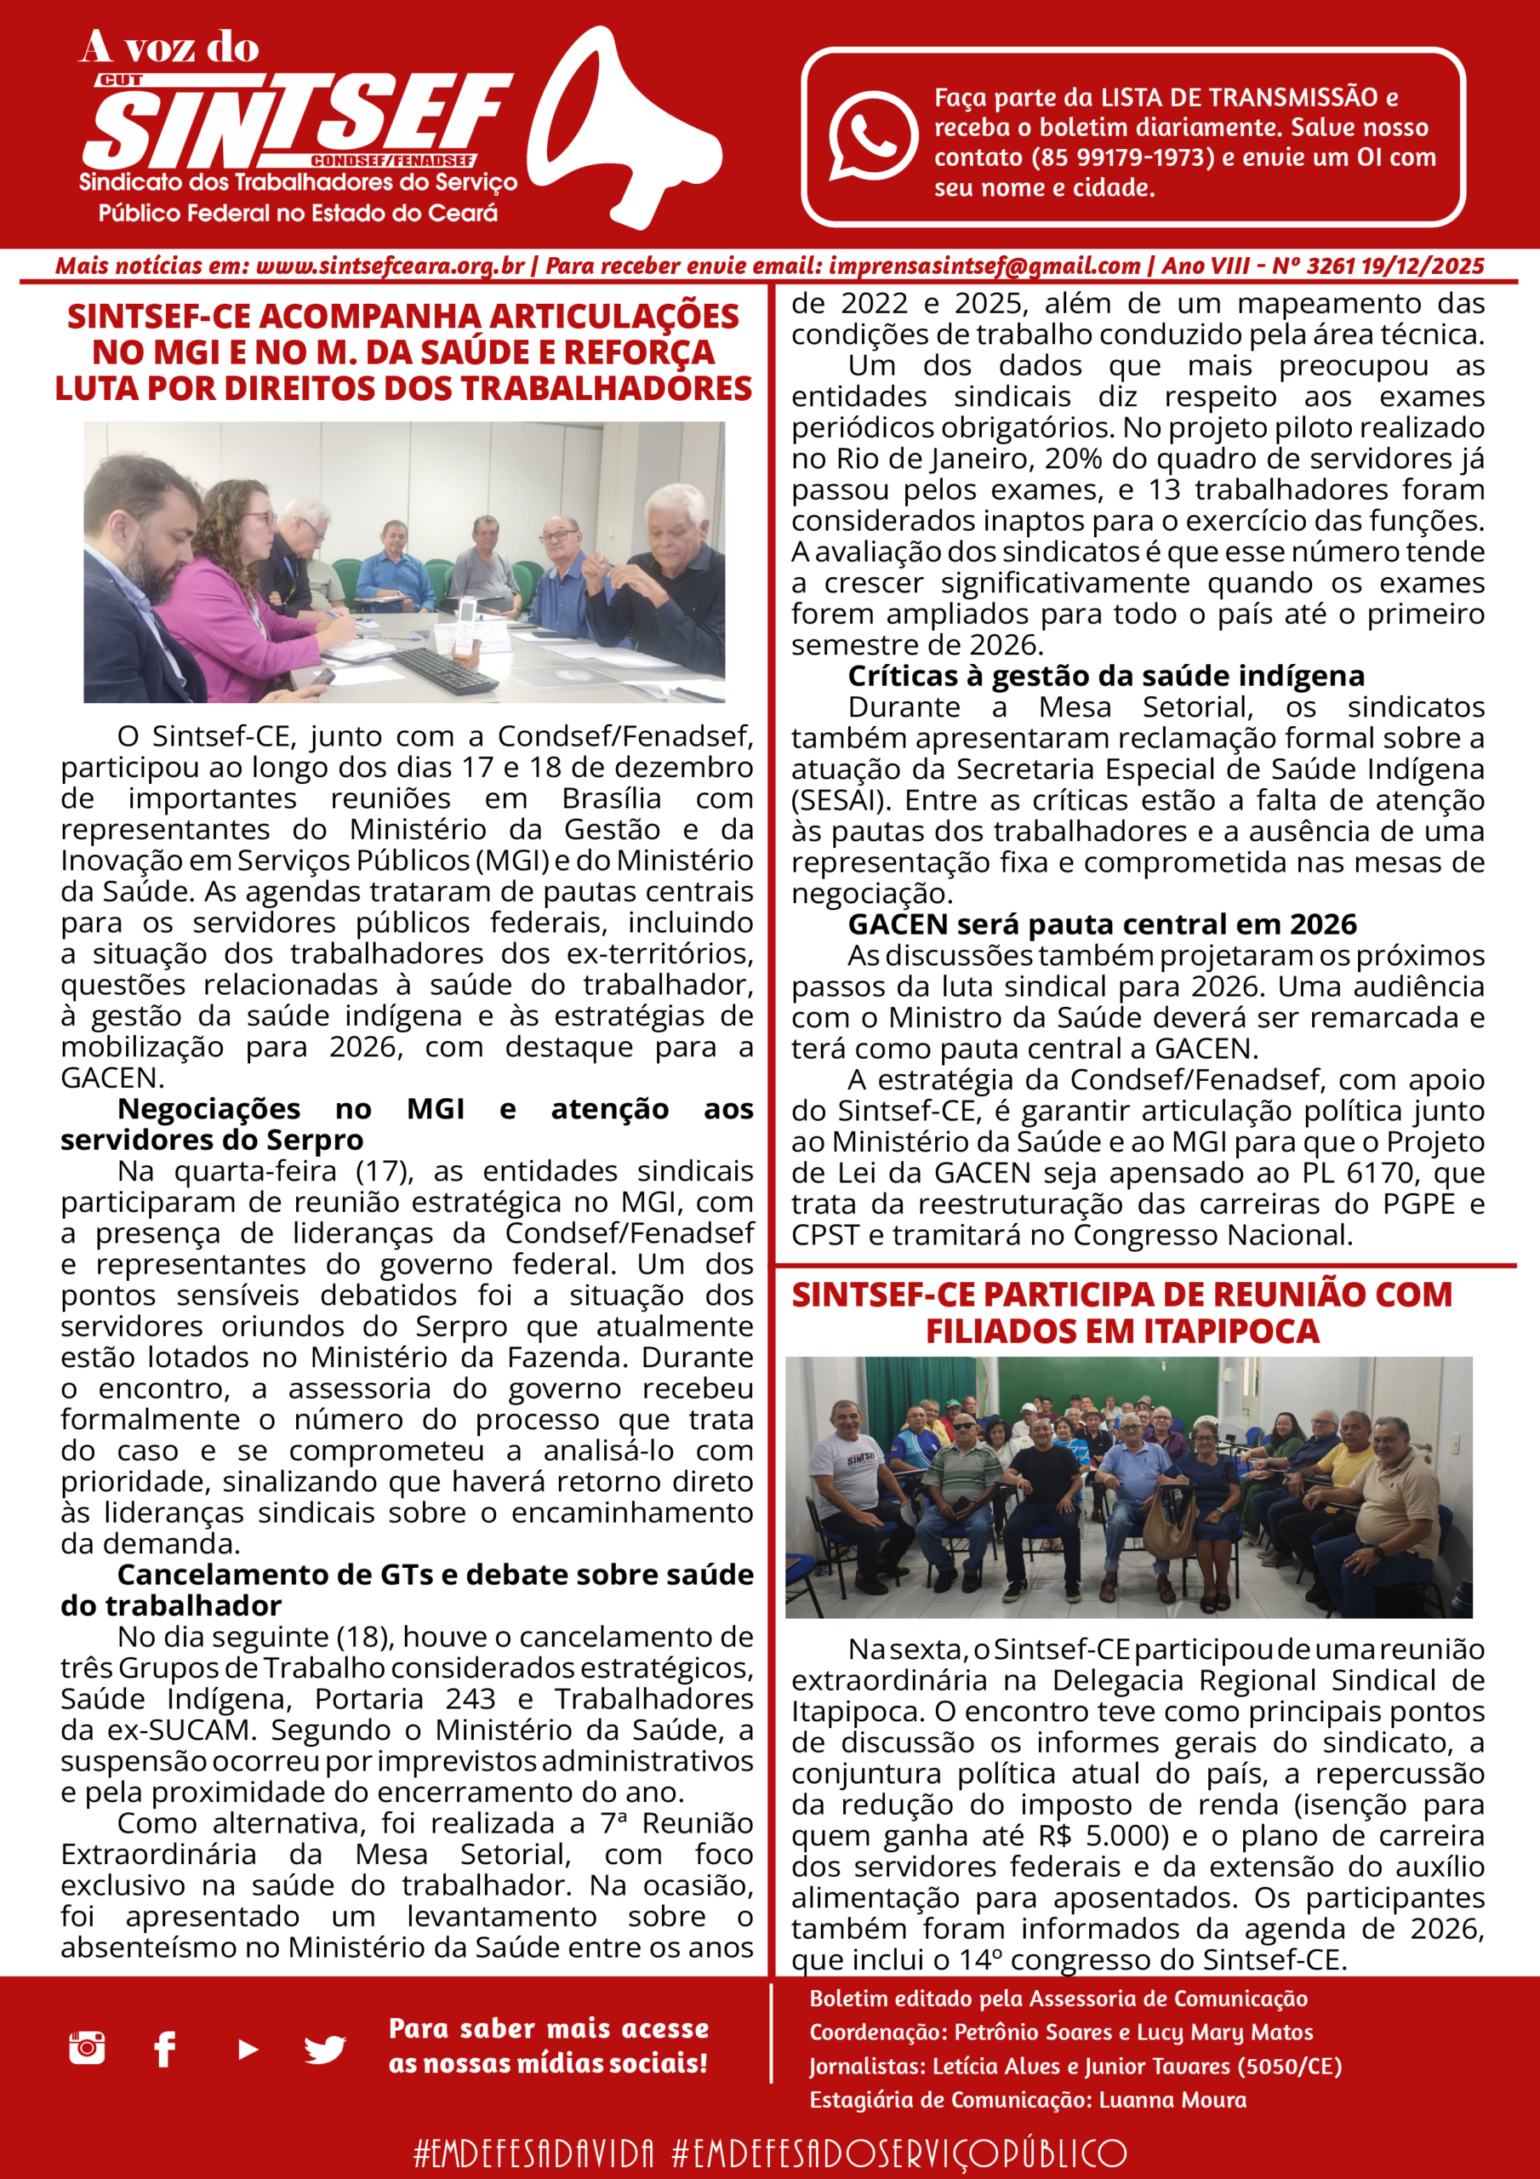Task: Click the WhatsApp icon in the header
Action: (872, 135)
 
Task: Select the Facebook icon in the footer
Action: (164, 2049)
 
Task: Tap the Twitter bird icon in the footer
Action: (324, 2049)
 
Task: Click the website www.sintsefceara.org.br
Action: (390, 266)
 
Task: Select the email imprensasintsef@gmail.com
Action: (984, 266)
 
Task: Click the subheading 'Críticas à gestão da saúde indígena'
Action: (1106, 676)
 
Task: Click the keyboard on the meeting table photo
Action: (444, 669)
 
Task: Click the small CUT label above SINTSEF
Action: (121, 81)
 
